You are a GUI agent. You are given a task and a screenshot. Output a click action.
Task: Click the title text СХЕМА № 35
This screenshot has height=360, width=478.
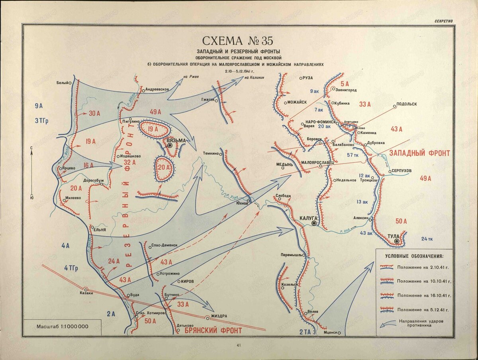[x=238, y=41]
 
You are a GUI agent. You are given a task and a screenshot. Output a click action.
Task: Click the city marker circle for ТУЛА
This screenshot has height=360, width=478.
[x=397, y=242]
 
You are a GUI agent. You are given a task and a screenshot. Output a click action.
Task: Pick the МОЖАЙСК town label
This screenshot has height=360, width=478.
[x=297, y=102]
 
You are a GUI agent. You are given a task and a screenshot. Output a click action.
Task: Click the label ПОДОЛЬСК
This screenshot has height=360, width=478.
[x=407, y=104]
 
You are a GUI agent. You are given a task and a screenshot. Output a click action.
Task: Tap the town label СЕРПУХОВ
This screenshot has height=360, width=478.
[x=401, y=170]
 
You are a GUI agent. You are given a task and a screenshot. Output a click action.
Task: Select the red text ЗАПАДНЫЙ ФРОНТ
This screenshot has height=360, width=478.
[x=419, y=153]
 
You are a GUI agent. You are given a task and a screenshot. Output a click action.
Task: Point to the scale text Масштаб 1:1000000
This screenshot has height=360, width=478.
[x=62, y=327]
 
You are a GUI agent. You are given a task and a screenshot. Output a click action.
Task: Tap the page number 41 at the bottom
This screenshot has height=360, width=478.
[x=239, y=345]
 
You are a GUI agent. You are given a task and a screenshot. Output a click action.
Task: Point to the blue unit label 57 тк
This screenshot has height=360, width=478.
[x=353, y=155]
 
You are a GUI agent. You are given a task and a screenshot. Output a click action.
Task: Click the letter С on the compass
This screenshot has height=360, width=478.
[x=31, y=148]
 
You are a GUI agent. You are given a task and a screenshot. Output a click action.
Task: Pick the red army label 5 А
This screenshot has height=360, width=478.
[x=345, y=84]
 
